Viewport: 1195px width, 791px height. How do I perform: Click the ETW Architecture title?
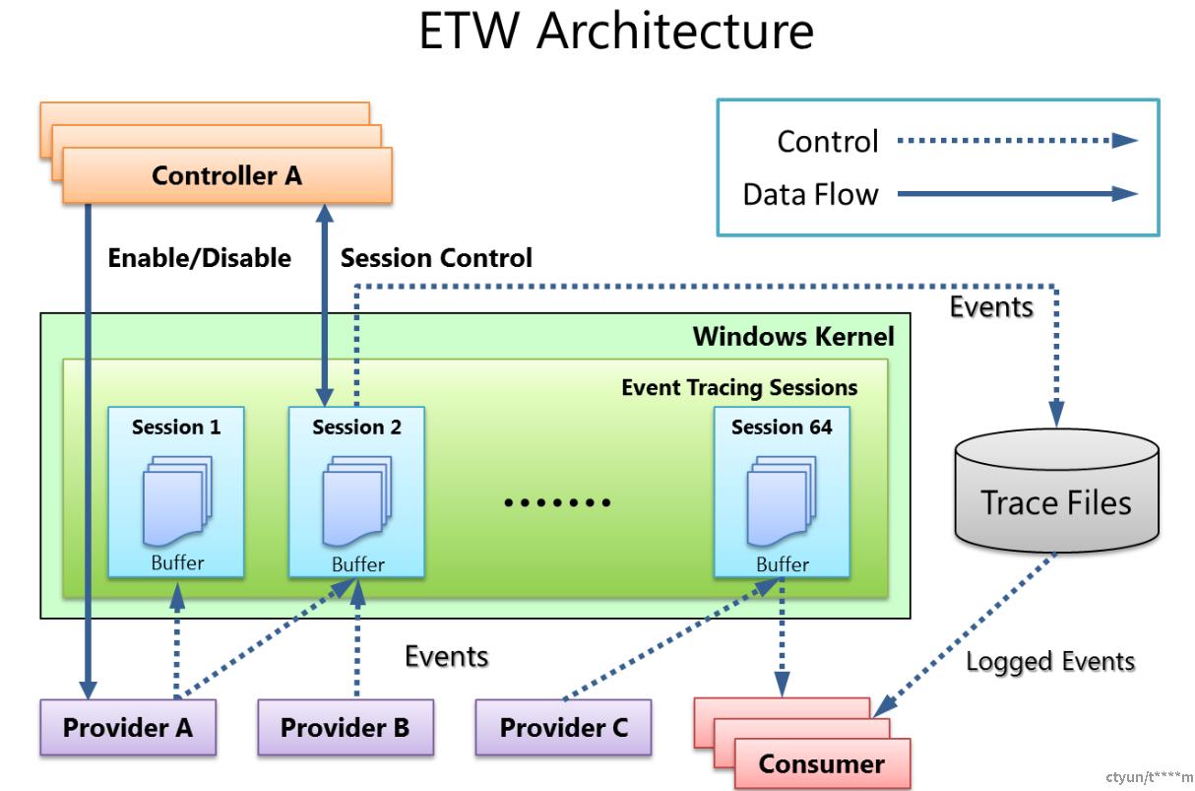pos(616,31)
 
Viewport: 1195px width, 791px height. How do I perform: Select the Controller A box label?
pos(226,175)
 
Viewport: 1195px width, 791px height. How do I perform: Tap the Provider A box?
pos(128,727)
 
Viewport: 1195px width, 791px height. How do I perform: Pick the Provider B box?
pos(346,727)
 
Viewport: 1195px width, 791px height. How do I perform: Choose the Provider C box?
pos(563,727)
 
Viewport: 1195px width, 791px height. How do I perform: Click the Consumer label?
pos(822,763)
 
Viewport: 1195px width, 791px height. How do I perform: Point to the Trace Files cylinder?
pos(1057,490)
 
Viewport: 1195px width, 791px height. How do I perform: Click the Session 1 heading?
pos(176,427)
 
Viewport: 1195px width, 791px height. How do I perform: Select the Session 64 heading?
pos(782,427)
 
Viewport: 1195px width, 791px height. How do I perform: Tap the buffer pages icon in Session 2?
pos(357,500)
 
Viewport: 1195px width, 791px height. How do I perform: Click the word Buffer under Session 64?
pos(783,564)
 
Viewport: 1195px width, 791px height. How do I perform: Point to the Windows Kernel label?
pos(793,336)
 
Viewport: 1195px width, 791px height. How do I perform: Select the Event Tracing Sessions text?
pos(739,387)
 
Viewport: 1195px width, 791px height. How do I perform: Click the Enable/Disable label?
pos(200,258)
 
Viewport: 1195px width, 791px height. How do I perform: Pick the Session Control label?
pos(436,258)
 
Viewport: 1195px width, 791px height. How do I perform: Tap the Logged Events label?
pos(1050,662)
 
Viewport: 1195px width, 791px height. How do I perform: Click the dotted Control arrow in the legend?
pos(1018,141)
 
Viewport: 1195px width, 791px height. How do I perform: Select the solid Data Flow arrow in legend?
pos(1018,193)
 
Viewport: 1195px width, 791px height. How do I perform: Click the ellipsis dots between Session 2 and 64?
pos(557,502)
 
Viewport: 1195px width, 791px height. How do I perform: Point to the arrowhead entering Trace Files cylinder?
pos(1057,414)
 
